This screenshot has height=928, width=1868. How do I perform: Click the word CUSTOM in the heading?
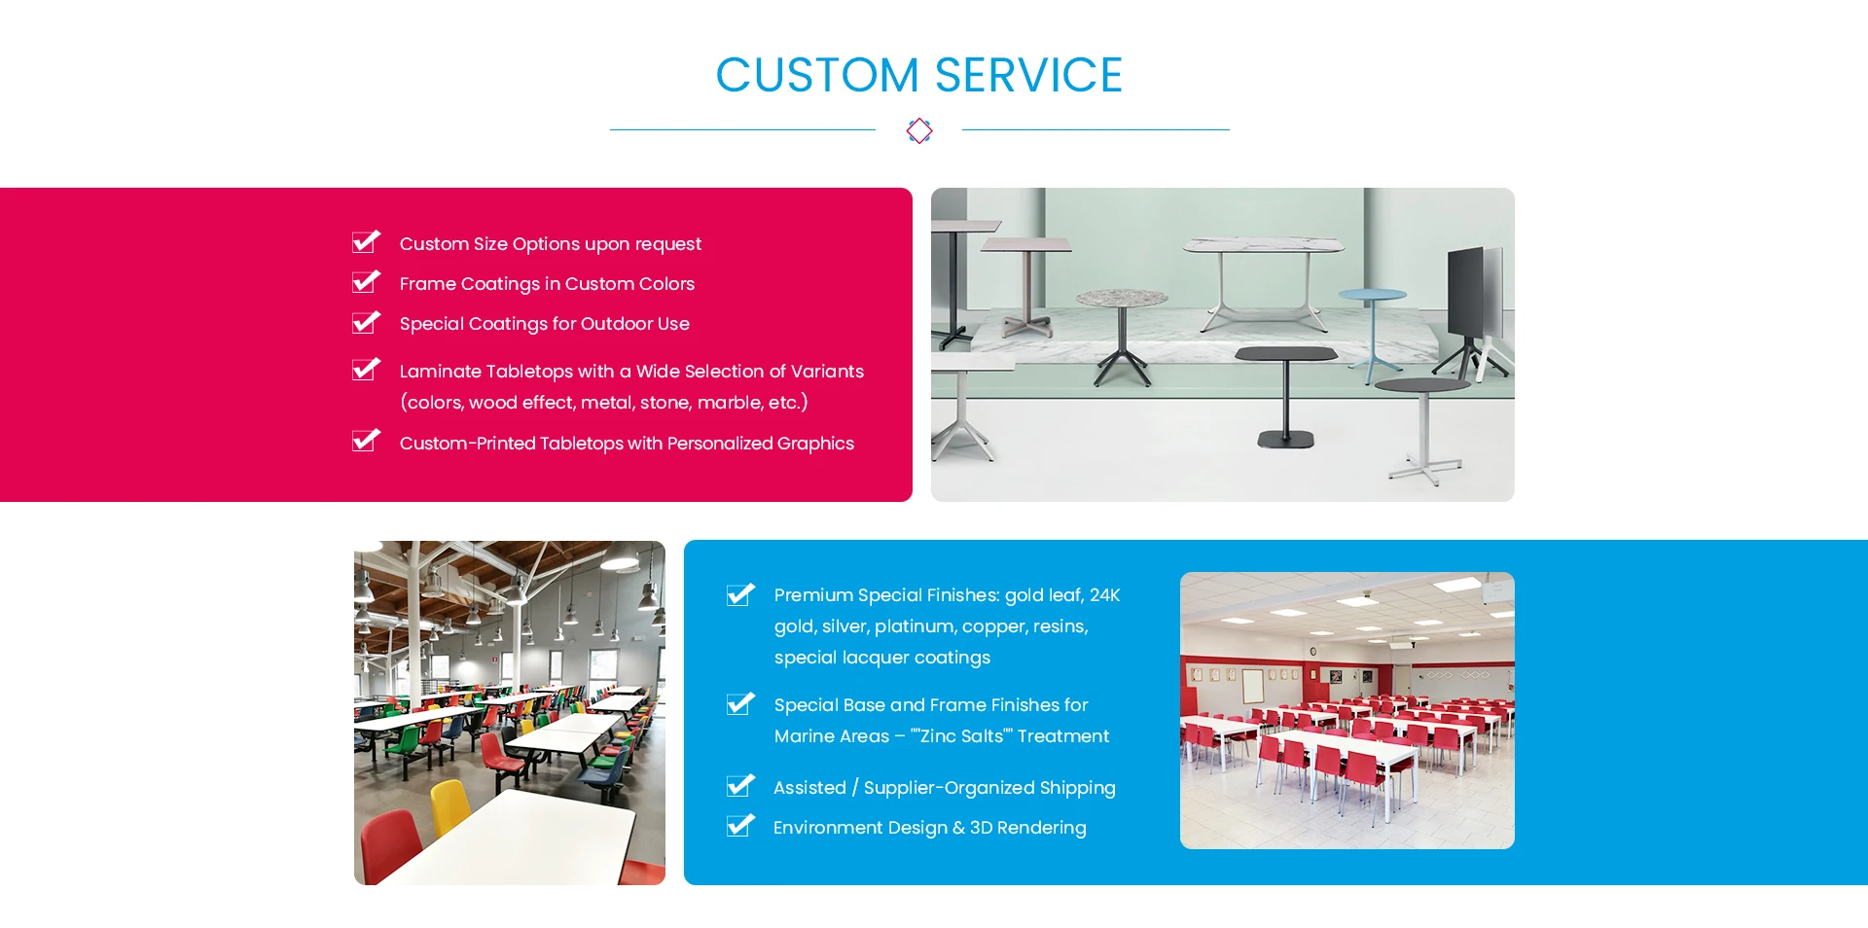[817, 75]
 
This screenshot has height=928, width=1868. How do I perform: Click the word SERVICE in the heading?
[1028, 75]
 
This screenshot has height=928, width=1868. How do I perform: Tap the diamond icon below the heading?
[919, 130]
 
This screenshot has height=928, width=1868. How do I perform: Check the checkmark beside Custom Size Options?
[366, 241]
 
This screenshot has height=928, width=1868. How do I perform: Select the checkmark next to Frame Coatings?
[366, 281]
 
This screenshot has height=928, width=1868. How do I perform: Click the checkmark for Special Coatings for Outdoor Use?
[366, 321]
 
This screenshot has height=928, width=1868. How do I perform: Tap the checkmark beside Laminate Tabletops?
[366, 369]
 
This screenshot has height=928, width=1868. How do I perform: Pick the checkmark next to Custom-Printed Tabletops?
[366, 441]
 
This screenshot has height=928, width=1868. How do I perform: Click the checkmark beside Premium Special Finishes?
[740, 593]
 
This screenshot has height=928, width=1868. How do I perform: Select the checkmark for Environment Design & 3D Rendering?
[740, 825]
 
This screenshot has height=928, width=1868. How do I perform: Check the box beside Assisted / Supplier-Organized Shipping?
[740, 785]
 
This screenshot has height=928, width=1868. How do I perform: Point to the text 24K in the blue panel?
[1104, 595]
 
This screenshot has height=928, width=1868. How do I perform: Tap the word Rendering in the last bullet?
[1042, 828]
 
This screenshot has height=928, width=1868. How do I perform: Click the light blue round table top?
[1372, 294]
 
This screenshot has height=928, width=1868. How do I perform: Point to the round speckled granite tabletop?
[1122, 297]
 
